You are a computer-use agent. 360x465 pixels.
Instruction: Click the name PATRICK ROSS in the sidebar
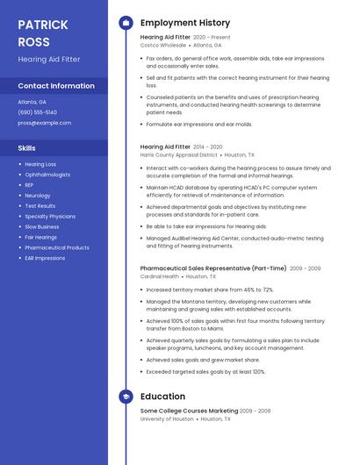tap(42, 32)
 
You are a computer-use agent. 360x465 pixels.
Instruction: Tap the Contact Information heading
tap(56, 86)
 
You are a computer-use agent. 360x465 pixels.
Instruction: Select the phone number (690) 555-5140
tap(37, 112)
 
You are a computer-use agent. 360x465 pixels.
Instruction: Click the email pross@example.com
tap(44, 123)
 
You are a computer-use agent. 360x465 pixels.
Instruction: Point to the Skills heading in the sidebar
tap(27, 148)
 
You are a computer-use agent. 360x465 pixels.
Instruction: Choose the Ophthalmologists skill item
tap(47, 175)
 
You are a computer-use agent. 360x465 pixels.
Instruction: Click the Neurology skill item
tap(38, 196)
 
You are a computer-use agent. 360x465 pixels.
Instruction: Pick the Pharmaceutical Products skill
tap(57, 247)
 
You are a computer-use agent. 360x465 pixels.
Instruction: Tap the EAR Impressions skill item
tap(45, 258)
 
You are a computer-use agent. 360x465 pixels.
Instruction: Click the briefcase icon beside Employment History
tap(126, 23)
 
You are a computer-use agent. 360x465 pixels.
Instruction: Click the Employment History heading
tap(184, 23)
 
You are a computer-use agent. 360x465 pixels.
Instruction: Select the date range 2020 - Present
tap(212, 38)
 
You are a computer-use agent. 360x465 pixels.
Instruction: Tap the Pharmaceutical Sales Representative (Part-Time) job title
tap(212, 268)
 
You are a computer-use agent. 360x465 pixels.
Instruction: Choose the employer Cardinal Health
tap(159, 276)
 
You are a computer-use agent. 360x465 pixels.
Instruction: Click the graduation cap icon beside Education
tap(126, 397)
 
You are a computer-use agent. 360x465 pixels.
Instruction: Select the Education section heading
tap(162, 397)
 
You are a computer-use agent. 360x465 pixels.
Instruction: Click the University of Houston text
tap(167, 419)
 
